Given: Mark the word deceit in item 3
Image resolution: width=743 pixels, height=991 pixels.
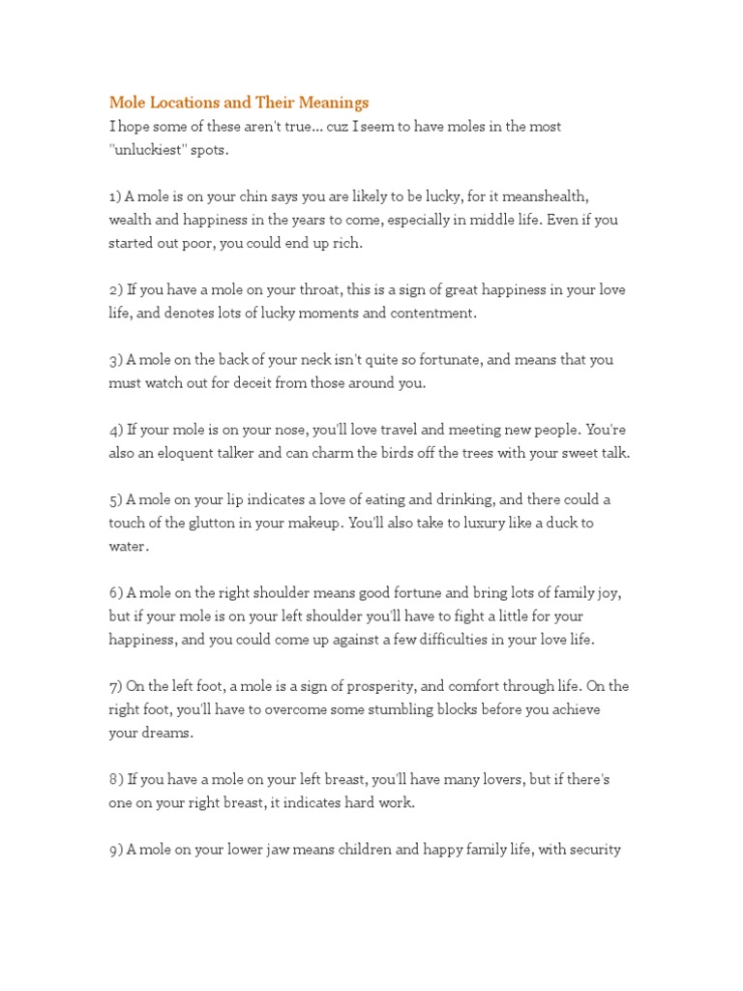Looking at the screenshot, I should (x=282, y=382).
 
